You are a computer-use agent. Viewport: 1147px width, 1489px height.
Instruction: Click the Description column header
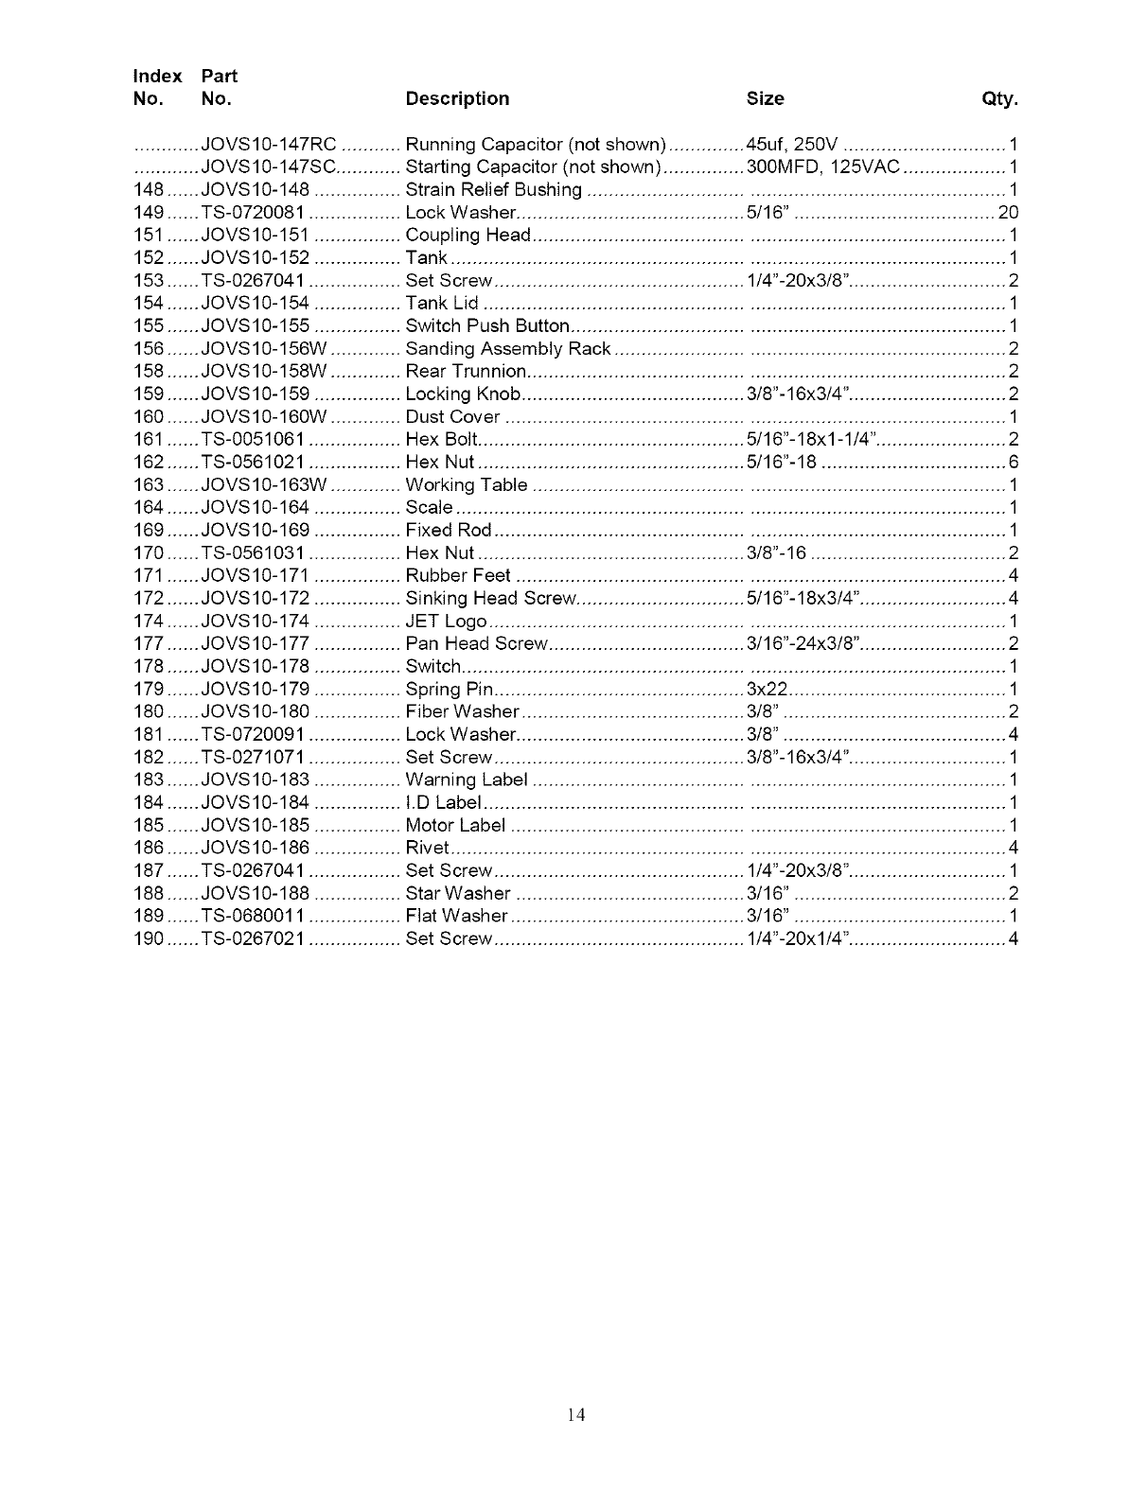(456, 98)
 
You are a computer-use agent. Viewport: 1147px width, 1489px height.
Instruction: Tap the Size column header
(765, 98)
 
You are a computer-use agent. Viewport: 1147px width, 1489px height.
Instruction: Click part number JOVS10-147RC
(269, 145)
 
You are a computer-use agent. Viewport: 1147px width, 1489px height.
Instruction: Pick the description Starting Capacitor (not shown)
(532, 167)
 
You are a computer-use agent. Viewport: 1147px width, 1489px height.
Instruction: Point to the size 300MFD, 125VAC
(822, 167)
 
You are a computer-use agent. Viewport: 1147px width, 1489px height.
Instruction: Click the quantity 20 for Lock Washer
(1008, 213)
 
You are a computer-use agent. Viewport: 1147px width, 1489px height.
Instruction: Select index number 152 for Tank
(150, 258)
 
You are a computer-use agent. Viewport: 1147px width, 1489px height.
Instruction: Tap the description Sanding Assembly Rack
(507, 349)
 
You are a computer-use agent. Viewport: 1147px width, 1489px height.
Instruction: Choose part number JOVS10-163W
(264, 485)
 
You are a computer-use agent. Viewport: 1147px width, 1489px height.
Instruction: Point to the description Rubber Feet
(458, 576)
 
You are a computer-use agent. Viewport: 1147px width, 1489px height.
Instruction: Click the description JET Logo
(446, 622)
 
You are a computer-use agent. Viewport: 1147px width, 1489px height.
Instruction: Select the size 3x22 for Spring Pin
(768, 690)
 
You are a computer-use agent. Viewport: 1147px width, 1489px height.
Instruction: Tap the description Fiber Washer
(462, 712)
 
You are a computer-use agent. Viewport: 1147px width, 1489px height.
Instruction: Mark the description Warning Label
(466, 780)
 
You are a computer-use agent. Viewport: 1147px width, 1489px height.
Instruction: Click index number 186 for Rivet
(150, 849)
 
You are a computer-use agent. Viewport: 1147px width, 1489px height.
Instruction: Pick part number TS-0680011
(253, 917)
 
